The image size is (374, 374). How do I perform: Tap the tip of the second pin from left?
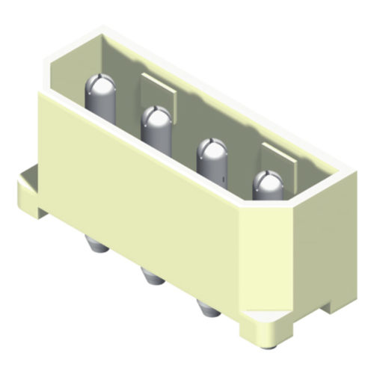pos(156,117)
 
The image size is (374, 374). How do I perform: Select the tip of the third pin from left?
pos(212,150)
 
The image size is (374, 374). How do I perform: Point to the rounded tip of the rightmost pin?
pos(267,183)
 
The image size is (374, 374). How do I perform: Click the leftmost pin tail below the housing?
pos(95,245)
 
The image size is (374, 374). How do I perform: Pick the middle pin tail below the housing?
pos(152,278)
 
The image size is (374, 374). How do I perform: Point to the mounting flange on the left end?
pos(28,191)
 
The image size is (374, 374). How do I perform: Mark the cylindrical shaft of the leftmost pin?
pos(101,105)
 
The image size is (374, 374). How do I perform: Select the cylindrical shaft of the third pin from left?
pos(212,169)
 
